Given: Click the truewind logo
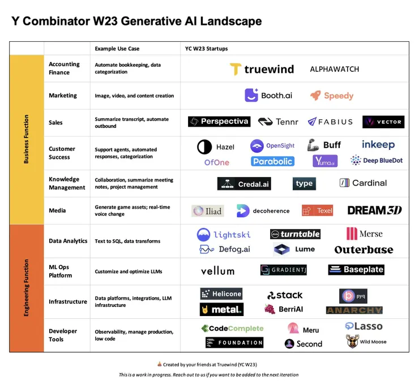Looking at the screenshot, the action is tap(262, 69).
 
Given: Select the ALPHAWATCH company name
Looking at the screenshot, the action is tap(334, 70).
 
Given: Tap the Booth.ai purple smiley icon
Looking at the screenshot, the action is tap(251, 95).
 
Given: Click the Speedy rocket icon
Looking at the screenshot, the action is tap(315, 95).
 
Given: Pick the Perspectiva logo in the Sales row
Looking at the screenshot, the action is tap(219, 122).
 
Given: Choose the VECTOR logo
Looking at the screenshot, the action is tap(383, 122).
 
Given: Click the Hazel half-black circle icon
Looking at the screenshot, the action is tap(204, 147).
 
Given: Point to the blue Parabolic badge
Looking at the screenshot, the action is tap(272, 162).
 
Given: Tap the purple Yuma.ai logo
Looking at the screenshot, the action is tap(325, 161).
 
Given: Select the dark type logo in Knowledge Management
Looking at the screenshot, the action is tap(304, 184).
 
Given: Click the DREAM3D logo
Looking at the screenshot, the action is tap(375, 210).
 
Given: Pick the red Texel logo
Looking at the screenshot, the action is tap(317, 210).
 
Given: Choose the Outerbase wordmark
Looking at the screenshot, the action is tap(364, 250).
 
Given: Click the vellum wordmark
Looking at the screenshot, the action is tap(218, 271).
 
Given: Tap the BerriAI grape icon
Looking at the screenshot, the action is tap(270, 309).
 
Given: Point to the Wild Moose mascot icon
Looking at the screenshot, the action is tap(352, 341).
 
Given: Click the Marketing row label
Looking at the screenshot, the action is tap(63, 96).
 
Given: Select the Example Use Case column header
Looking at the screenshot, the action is tap(117, 49).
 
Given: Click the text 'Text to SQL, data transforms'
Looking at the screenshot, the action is tap(127, 241).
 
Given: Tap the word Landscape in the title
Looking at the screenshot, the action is tap(231, 21).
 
